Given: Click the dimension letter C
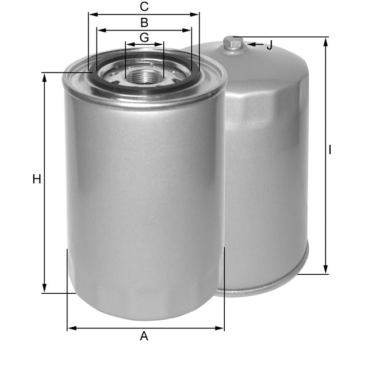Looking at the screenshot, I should click(144, 7).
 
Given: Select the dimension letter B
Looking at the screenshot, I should click(144, 23).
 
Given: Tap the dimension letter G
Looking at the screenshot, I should click(144, 37).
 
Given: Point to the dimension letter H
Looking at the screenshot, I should click(37, 179).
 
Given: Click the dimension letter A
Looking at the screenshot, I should click(144, 336).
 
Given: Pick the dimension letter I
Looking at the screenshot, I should click(330, 150).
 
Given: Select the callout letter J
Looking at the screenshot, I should click(269, 45).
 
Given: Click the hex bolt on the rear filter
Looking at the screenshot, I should click(233, 43).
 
